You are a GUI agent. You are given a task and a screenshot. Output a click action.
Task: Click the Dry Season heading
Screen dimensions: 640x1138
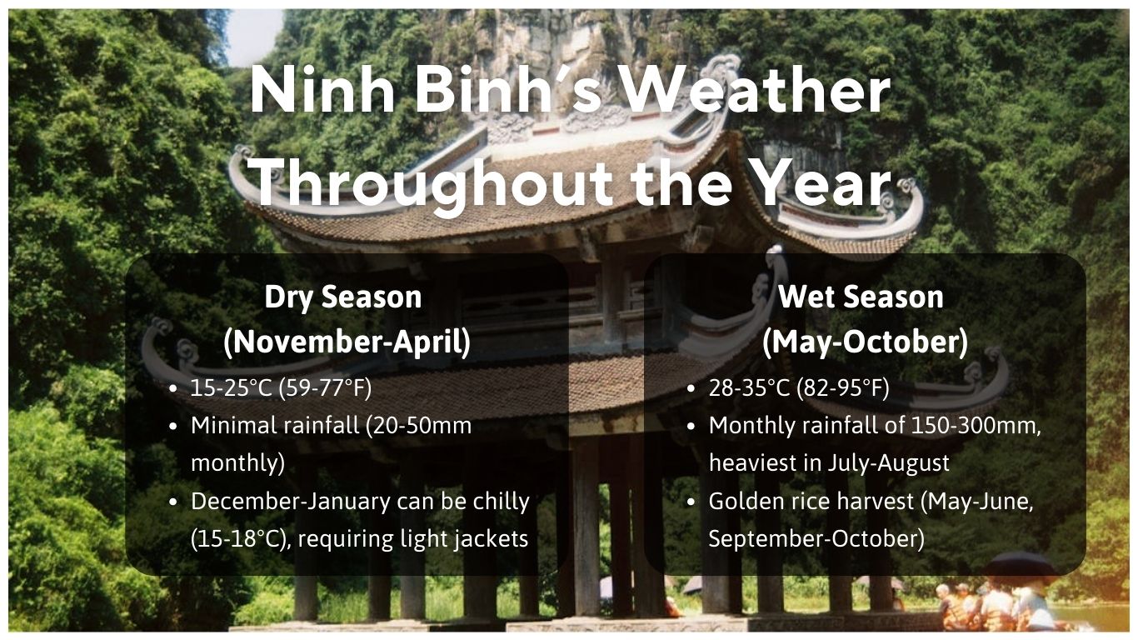point(343,297)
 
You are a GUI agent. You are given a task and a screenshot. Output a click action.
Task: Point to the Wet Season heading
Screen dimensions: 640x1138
point(861,297)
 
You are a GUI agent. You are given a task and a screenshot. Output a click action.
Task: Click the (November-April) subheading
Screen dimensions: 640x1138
point(347,342)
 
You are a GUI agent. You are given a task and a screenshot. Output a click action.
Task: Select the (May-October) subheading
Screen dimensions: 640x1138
point(865,342)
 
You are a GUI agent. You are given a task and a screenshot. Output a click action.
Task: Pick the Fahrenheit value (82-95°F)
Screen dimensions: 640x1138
point(842,387)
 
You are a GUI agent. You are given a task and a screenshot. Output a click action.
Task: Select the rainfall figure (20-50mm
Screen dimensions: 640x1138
point(422,425)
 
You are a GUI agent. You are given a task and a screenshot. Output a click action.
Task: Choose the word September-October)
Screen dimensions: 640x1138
point(816,539)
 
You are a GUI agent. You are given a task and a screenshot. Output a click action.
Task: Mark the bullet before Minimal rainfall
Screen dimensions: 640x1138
point(172,426)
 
